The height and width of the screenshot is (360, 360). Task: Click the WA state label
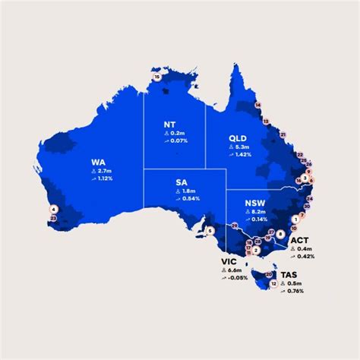tap(99, 161)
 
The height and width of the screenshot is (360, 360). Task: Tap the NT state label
tap(172, 124)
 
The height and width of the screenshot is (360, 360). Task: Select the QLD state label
tap(238, 137)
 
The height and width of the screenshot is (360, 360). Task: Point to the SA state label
tap(182, 182)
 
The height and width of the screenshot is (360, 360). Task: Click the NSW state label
tap(254, 203)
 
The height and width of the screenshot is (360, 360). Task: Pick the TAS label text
tap(289, 274)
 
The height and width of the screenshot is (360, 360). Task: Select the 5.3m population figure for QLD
tap(242, 147)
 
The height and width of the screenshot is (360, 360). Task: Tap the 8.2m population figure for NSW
tap(258, 212)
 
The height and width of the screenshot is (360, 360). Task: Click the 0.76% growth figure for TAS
tap(295, 291)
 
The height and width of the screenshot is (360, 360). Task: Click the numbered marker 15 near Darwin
tap(157, 77)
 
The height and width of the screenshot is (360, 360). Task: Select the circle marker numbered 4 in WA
tap(54, 209)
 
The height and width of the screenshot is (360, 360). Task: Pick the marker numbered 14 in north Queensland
tap(258, 104)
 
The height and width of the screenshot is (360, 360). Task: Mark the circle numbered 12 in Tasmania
tap(273, 284)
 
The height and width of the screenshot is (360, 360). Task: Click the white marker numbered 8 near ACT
tap(281, 234)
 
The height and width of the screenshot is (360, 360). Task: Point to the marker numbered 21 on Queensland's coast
tap(283, 134)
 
